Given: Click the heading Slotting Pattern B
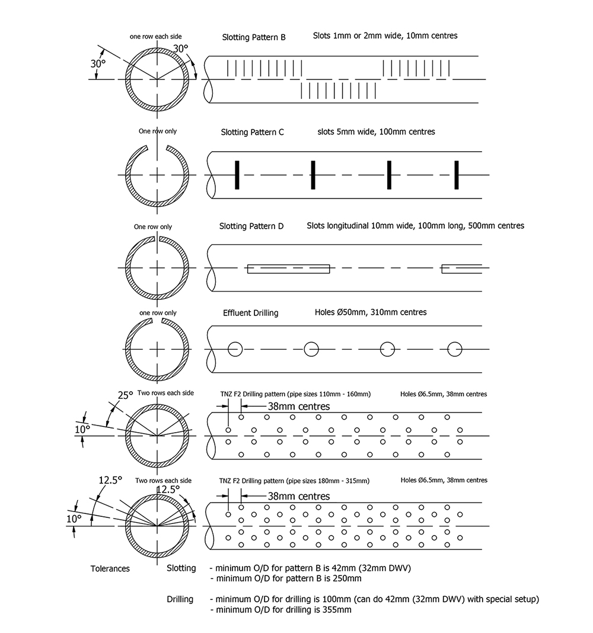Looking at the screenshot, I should pos(254,37).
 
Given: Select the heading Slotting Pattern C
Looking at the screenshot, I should pos(253,132).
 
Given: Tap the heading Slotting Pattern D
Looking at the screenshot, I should pos(251,226).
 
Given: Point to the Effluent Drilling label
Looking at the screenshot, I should pos(250,313).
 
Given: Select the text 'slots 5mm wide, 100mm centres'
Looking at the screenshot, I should pos(376,132).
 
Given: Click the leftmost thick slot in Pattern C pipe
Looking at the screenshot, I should pos(236,175).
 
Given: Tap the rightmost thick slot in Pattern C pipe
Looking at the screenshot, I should pos(457,175).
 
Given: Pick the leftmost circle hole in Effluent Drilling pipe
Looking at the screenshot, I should pos(234,349).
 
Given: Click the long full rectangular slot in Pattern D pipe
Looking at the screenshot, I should pos(288,268).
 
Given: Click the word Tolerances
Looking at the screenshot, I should pos(110,568).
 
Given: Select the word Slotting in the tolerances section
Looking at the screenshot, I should pos(181,568).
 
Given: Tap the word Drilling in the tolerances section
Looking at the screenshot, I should pos(180,599).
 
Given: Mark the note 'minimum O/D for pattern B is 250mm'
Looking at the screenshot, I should pos(288,578).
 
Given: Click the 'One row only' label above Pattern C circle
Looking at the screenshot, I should pos(157,131).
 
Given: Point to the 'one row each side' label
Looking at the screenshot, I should pos(156,37).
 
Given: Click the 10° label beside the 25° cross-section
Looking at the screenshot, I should pos(82,428).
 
